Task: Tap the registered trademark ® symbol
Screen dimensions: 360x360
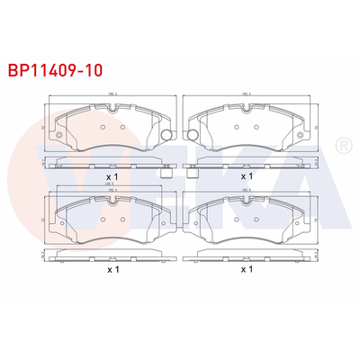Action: click(x=342, y=144)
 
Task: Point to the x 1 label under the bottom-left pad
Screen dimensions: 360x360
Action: click(x=112, y=269)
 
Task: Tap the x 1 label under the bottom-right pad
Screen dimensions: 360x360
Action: click(x=246, y=269)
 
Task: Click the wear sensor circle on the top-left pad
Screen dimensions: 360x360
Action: click(x=167, y=135)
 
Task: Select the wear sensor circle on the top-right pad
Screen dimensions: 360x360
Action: click(x=190, y=135)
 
